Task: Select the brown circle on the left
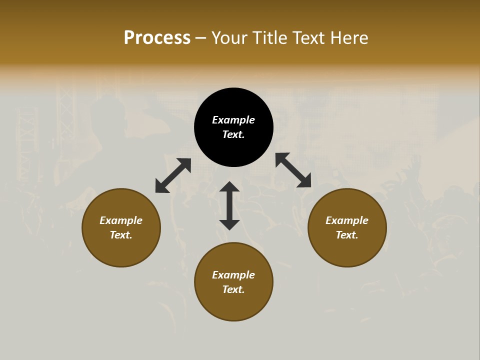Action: pos(121,250)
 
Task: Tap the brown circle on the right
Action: pos(347,250)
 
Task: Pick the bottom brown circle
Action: pos(233,305)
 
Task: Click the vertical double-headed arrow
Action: pos(229,205)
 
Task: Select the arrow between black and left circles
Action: pos(173,175)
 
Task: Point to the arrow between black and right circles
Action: pos(293,170)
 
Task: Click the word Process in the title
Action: pos(157,38)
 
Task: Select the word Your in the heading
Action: pos(230,38)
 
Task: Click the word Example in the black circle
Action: pos(233,120)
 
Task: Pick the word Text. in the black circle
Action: pos(233,134)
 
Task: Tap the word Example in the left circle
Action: pos(121,220)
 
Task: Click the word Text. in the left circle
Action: pos(121,235)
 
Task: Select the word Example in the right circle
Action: pos(347,220)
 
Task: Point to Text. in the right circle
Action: pos(347,235)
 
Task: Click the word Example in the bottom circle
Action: pos(233,275)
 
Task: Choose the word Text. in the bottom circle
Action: pos(233,289)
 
